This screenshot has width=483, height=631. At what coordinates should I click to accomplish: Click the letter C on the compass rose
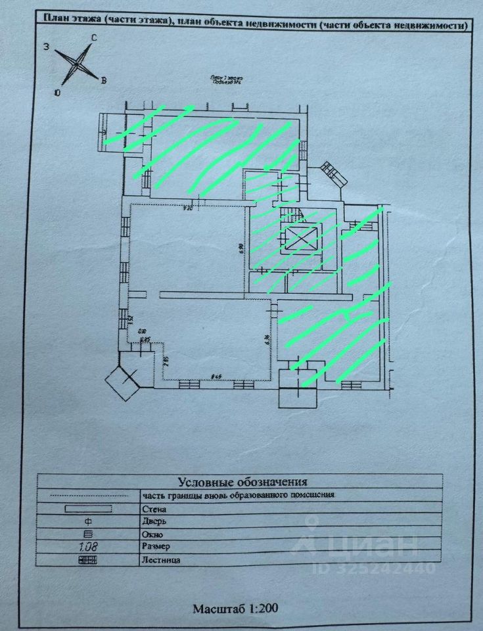[x=94, y=38]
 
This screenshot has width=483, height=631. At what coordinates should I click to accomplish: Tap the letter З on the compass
[x=47, y=47]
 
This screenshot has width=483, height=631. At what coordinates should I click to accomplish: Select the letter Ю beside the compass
[x=58, y=93]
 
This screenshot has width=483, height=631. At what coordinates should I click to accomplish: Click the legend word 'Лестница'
[x=160, y=561]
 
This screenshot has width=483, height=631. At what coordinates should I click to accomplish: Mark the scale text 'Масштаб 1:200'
[x=235, y=609]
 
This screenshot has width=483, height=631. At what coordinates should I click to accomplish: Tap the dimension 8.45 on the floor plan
[x=215, y=376]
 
